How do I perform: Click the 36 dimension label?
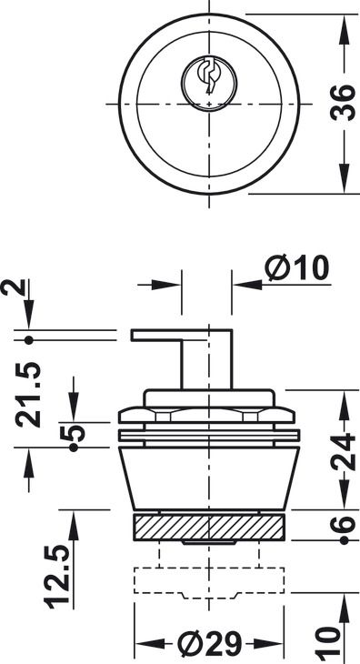click(343, 103)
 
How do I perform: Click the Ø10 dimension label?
click(297, 268)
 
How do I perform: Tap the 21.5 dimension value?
click(28, 395)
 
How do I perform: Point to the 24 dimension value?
click(343, 451)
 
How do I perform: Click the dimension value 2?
click(12, 289)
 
